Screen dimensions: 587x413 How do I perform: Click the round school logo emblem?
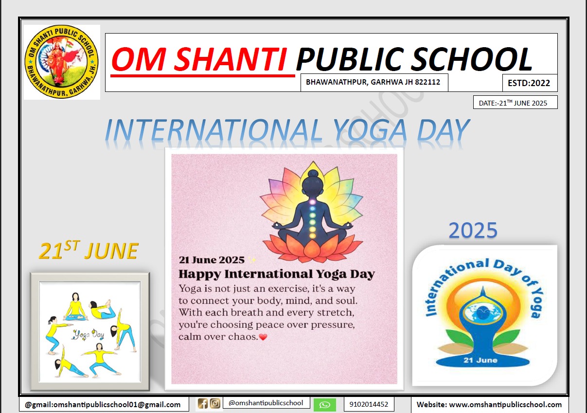62,62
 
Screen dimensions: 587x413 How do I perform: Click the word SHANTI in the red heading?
230,59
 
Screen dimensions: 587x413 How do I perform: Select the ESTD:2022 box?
530,83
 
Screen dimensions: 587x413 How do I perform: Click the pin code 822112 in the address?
427,82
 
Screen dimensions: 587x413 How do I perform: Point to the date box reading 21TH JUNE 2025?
515,103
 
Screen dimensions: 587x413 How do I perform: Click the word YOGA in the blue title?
370,130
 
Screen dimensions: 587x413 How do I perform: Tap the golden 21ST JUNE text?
89,251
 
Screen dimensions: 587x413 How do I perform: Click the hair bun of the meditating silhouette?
312,174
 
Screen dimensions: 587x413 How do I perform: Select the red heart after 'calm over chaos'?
263,337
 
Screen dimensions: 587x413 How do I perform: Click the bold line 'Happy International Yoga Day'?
277,274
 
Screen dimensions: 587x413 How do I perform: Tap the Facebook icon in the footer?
203,404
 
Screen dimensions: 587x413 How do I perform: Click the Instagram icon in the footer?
215,404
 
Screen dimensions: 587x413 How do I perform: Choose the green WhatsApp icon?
325,405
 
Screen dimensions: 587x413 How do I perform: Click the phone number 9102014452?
369,404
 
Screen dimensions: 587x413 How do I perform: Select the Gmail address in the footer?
103,405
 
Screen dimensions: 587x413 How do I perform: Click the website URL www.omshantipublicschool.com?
505,405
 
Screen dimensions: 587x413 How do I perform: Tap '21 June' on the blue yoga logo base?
480,360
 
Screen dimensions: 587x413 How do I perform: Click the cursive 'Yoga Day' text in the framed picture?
89,335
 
